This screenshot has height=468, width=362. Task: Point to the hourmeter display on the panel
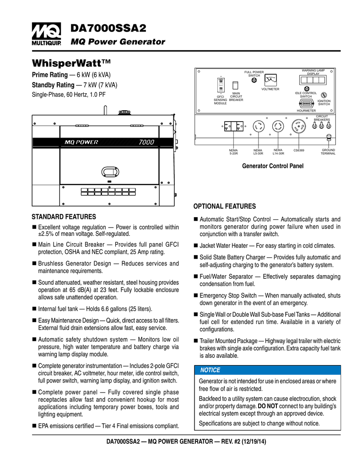(x=306, y=103)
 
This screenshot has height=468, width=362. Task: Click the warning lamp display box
(x=313, y=80)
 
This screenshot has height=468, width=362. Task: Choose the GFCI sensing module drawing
(x=221, y=86)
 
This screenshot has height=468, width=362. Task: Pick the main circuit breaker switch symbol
(x=236, y=86)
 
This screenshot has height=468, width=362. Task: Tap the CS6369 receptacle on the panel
(x=299, y=128)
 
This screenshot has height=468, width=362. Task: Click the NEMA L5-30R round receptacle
(x=258, y=128)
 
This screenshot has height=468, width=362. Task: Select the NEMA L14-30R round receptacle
(x=278, y=128)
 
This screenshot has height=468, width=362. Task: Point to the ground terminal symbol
(x=328, y=137)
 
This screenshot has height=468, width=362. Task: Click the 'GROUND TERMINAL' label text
(x=328, y=152)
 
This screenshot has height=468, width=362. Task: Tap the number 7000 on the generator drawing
(x=146, y=142)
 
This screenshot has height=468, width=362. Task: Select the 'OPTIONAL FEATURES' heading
(x=225, y=207)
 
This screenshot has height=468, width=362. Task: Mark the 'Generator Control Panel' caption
(x=272, y=166)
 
